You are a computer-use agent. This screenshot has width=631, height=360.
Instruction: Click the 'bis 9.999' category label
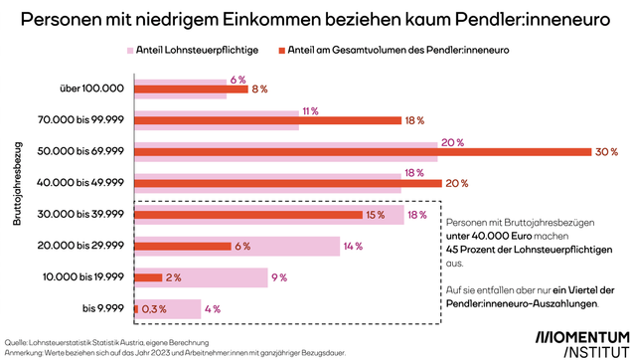[x=102, y=309]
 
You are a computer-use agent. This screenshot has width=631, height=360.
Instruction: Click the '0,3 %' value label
[x=153, y=308]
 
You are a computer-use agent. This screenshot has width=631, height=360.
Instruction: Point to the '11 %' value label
[x=309, y=110]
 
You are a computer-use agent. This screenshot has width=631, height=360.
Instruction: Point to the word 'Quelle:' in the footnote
[x=17, y=339]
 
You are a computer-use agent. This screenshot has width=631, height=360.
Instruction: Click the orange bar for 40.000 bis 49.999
[x=287, y=184]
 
